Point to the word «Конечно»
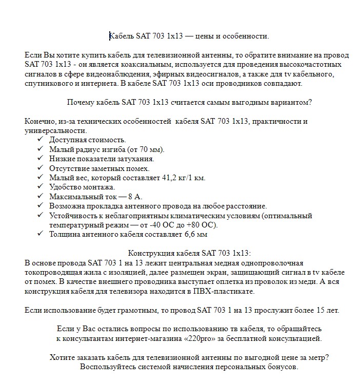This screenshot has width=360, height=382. pos(39,121)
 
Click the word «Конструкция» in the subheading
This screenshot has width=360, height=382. pos(149,253)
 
